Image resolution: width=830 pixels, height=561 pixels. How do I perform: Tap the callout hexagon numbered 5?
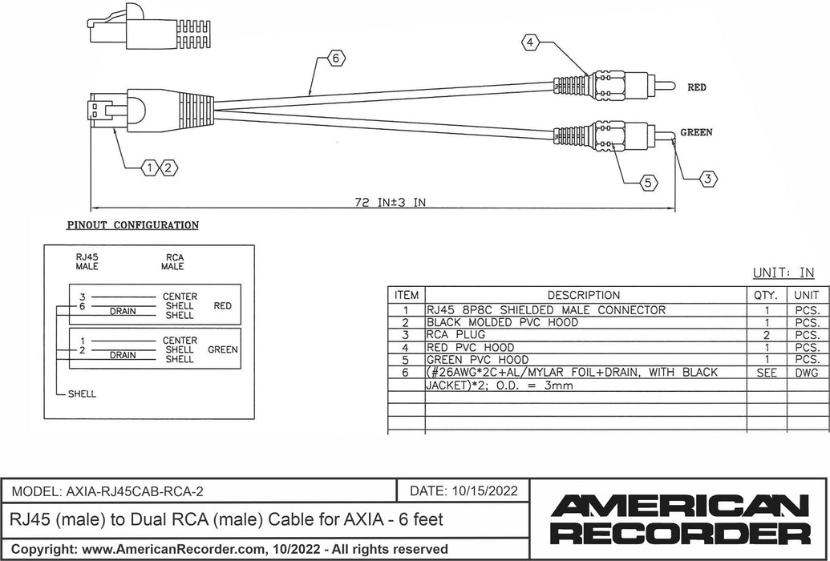tap(650, 184)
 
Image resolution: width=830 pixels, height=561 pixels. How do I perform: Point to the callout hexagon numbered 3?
tap(707, 180)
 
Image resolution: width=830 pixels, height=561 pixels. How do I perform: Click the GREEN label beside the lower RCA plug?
tap(696, 133)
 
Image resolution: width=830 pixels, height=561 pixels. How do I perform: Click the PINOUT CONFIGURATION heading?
tap(132, 226)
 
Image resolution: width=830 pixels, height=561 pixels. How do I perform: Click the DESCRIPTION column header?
tap(583, 295)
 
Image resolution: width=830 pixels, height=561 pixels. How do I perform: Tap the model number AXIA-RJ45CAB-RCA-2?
tap(136, 490)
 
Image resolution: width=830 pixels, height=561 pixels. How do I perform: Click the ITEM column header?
tap(407, 295)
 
